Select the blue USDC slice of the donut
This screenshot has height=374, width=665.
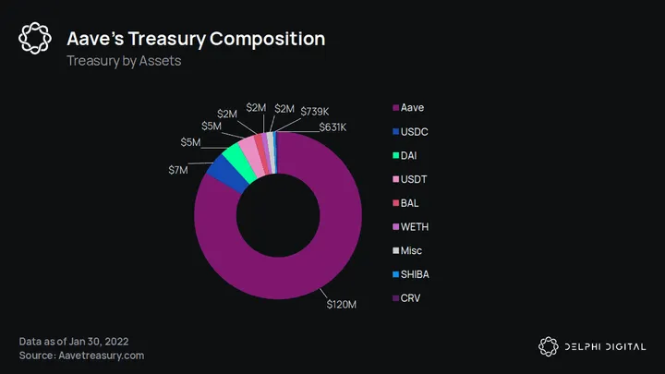(x=227, y=171)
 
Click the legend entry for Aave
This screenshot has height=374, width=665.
(x=412, y=108)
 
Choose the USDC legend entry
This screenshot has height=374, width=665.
(x=415, y=132)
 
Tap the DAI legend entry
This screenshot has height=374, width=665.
(x=410, y=155)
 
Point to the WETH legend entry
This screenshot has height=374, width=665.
(x=416, y=227)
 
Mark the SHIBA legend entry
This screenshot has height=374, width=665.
(x=417, y=274)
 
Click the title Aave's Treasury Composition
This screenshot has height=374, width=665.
(x=196, y=39)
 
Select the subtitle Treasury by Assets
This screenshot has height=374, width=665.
(x=123, y=61)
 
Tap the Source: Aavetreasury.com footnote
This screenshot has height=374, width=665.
(x=81, y=356)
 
